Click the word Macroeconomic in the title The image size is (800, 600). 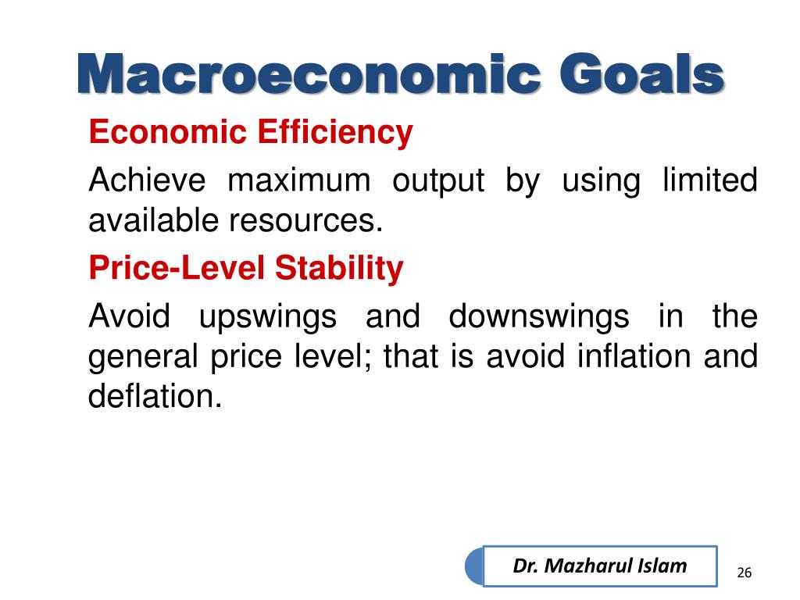point(309,74)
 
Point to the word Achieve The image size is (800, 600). point(148,180)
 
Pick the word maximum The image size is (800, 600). point(299,181)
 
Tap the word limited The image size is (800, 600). point(709,180)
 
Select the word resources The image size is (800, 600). point(305,221)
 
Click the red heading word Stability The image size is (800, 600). point(339,269)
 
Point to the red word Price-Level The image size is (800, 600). point(177,267)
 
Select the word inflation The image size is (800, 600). point(634,355)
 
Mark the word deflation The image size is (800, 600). point(155,396)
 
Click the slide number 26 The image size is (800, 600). point(745,573)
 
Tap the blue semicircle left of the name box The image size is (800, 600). point(474,566)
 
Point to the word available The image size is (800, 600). point(155,220)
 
